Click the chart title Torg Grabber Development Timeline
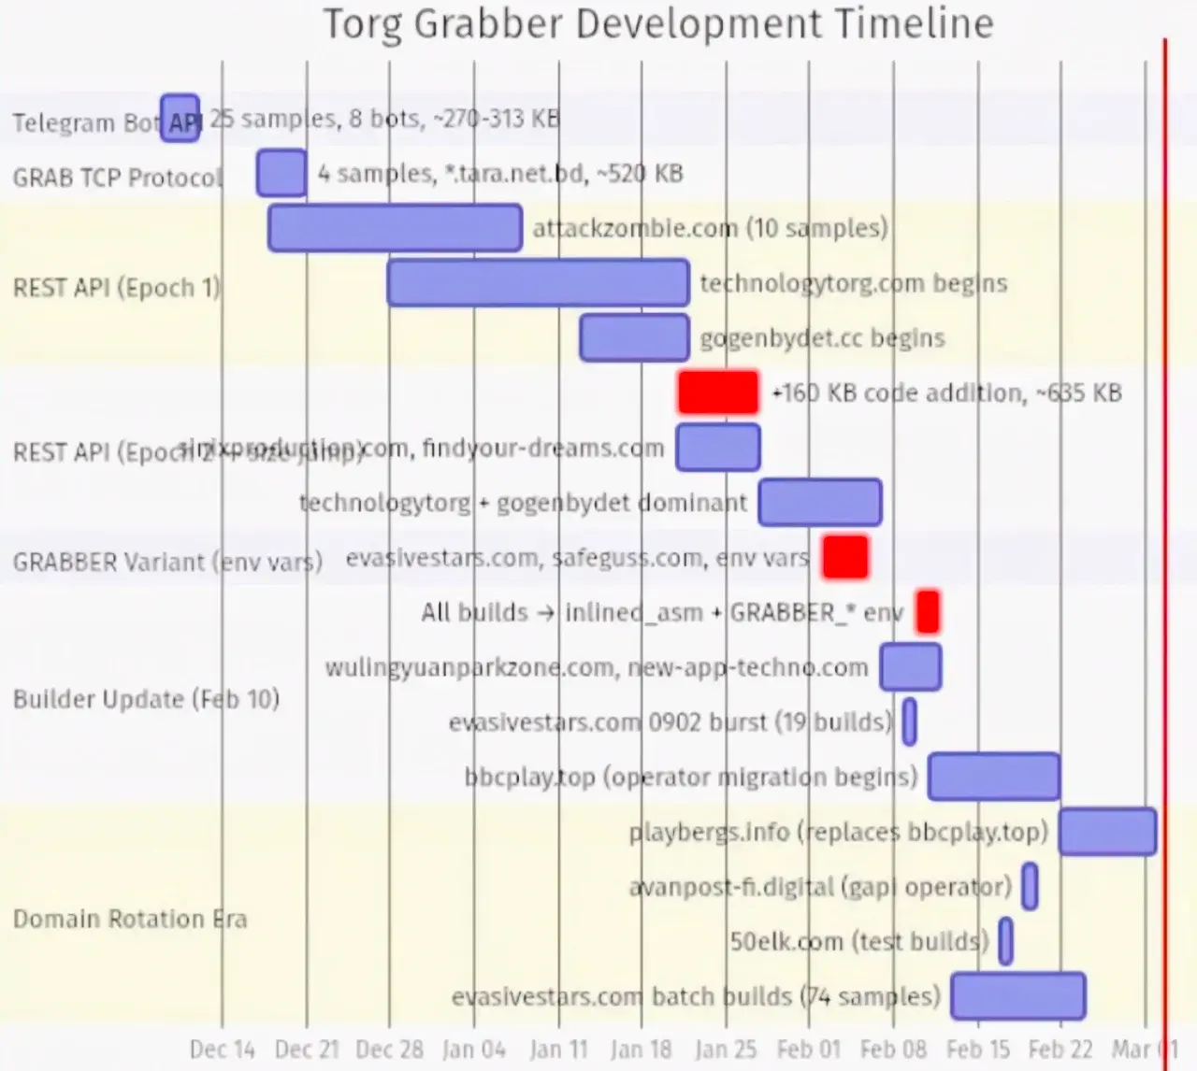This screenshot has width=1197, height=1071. [x=657, y=24]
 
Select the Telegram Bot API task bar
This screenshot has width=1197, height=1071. [x=180, y=118]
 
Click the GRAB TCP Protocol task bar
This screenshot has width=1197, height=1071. [x=281, y=173]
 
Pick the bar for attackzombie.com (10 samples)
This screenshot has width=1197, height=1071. [x=395, y=228]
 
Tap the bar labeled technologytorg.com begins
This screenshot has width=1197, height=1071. [x=538, y=283]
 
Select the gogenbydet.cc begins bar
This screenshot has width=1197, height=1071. [x=634, y=338]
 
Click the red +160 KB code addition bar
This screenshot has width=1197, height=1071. [x=718, y=393]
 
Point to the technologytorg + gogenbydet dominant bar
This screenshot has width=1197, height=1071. [x=820, y=503]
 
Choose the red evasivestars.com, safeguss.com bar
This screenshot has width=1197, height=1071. [x=845, y=557]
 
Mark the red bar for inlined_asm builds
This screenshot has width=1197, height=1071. [x=928, y=612]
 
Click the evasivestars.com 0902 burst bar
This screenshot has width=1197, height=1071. [x=909, y=722]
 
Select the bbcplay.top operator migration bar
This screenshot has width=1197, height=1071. [x=994, y=777]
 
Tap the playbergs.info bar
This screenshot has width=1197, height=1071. [x=1107, y=832]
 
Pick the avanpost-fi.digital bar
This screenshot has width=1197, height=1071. [x=1030, y=887]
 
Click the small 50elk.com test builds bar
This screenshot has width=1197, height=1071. [x=1005, y=941]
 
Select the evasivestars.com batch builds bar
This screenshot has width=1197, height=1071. [x=1018, y=996]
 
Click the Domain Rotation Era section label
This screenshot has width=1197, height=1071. [x=130, y=920]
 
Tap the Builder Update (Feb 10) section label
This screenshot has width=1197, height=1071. [x=146, y=700]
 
